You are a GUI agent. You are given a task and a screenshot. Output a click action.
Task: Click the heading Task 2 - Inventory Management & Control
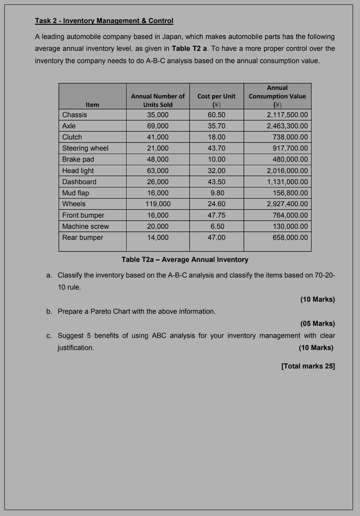(104, 21)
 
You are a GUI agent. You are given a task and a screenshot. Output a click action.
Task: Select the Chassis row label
(74, 115)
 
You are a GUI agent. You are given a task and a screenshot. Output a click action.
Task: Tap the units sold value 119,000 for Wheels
(158, 204)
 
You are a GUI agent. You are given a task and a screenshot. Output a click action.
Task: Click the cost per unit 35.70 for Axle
(216, 126)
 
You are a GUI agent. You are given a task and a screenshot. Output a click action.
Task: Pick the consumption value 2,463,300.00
(287, 126)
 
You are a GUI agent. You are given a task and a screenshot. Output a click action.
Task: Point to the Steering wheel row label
(85, 148)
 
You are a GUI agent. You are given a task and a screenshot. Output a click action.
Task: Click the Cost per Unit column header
(216, 100)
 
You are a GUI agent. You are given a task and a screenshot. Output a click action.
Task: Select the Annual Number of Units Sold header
(158, 100)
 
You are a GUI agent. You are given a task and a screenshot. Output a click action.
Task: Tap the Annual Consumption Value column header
(277, 96)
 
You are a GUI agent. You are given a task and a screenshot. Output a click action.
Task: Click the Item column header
(92, 105)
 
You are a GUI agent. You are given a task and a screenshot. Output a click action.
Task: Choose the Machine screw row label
(86, 227)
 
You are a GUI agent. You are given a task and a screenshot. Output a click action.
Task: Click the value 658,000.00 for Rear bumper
(290, 238)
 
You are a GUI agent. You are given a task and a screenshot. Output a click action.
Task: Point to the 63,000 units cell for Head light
(158, 171)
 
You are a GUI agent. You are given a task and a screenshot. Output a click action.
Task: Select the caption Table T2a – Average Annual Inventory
(185, 260)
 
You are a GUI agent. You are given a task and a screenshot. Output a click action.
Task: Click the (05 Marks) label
(318, 324)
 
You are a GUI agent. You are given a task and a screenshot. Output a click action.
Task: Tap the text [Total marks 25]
(308, 366)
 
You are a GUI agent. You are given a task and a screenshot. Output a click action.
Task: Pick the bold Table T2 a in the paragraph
(189, 49)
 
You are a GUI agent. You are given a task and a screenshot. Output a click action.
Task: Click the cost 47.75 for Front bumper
(216, 215)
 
